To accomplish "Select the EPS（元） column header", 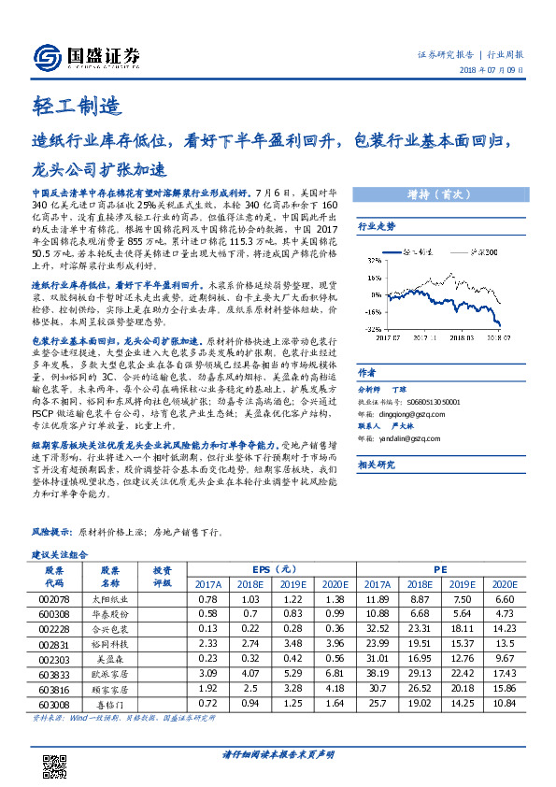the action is pyautogui.click(x=274, y=568).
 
